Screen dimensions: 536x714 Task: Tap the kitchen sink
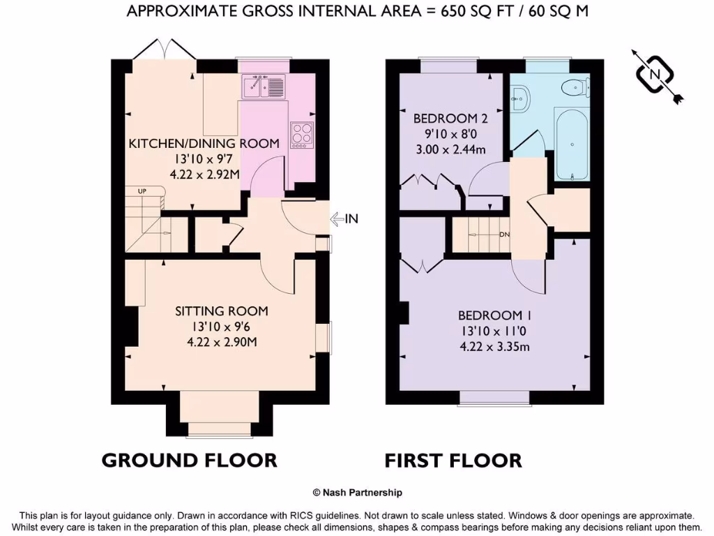tap(264, 87)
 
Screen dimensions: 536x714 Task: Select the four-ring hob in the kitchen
tap(302, 133)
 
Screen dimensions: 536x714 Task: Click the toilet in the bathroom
tap(575, 87)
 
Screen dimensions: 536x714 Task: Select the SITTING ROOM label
tap(221, 311)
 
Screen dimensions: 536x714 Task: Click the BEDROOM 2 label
tap(450, 118)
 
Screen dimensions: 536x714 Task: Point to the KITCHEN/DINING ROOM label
tap(204, 143)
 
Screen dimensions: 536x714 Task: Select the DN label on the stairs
tap(505, 234)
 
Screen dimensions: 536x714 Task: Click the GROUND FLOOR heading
tap(189, 461)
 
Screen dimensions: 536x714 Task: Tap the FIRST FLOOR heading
tap(453, 461)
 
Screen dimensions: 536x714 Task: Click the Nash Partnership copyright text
tap(357, 493)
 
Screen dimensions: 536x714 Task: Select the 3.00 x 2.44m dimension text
tap(450, 149)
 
